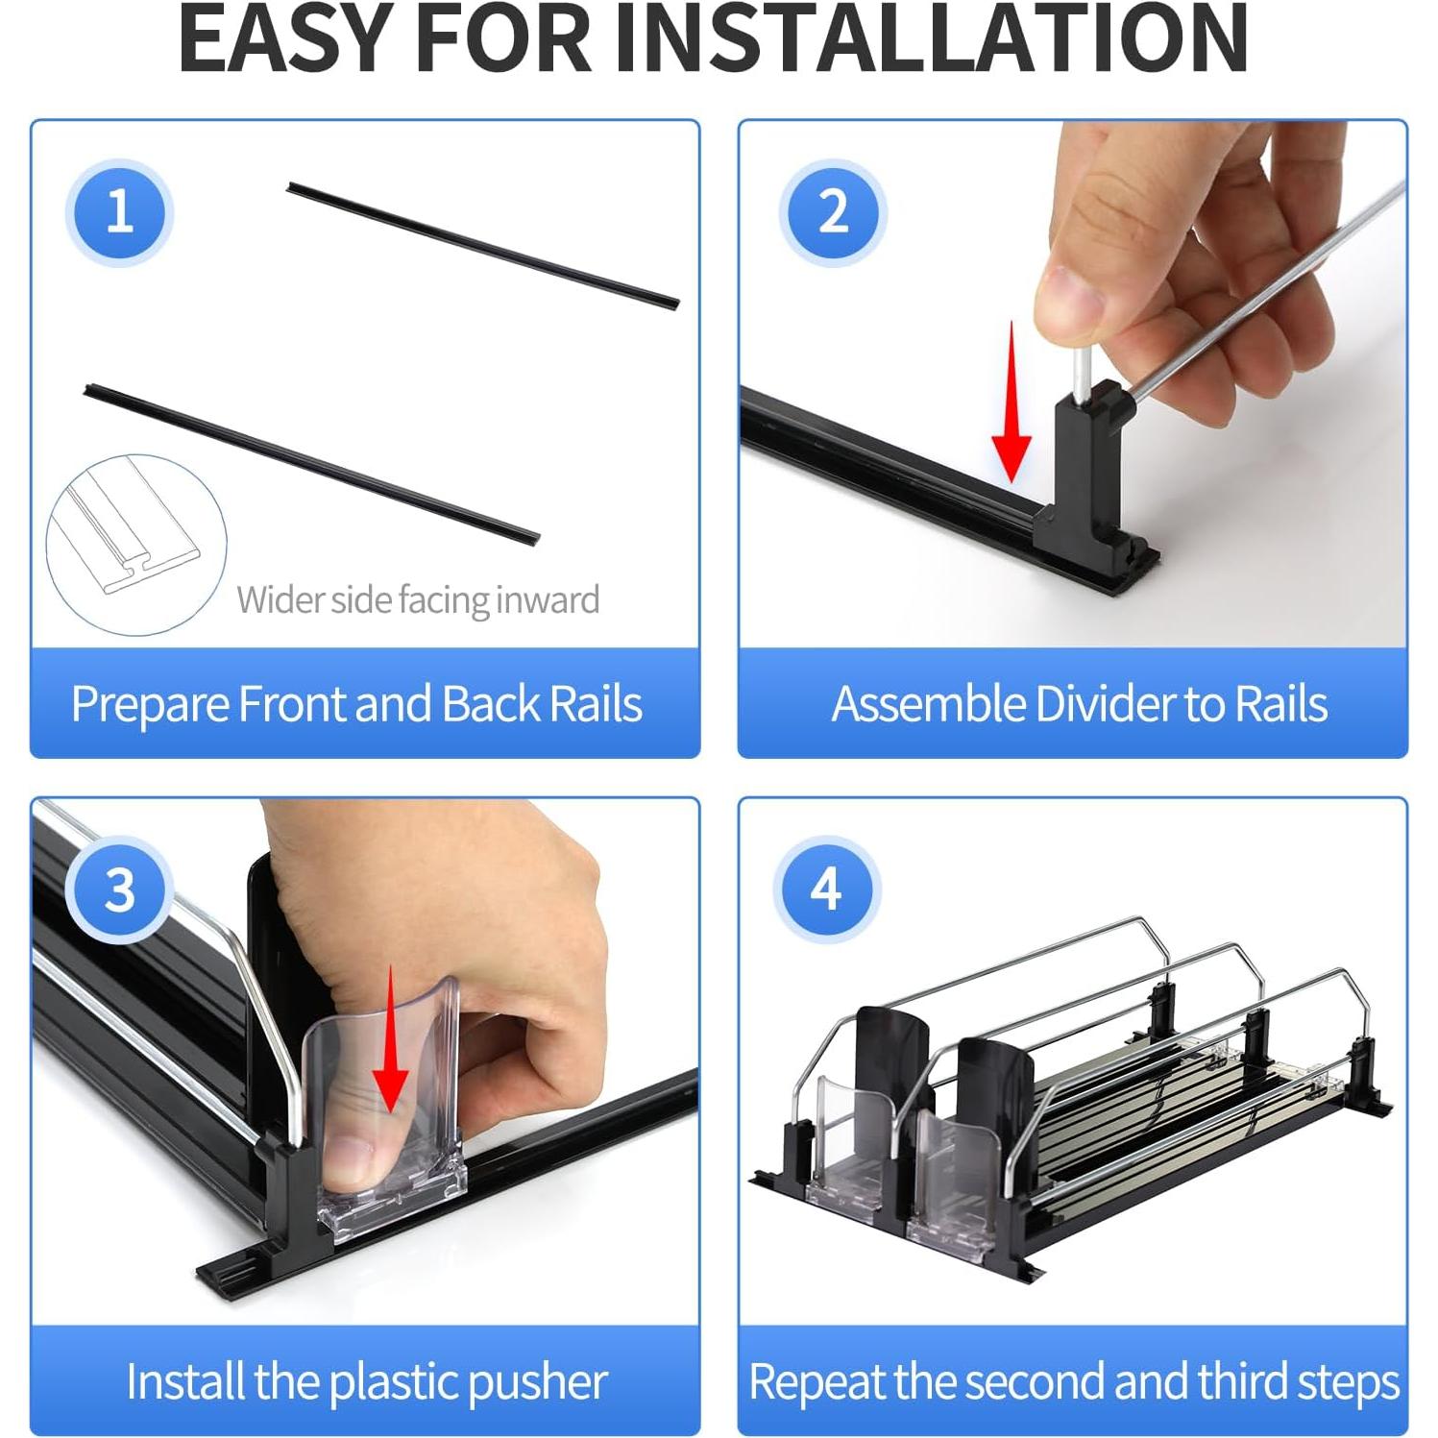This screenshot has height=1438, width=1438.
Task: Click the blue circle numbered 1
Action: coord(119,211)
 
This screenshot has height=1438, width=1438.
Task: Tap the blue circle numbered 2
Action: coord(833,211)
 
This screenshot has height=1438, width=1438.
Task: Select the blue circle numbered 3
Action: coord(119,890)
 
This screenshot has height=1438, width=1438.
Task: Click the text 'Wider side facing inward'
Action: coord(418,599)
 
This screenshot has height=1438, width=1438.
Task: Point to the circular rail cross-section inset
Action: coord(136,545)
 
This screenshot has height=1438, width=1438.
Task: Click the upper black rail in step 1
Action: coord(483,245)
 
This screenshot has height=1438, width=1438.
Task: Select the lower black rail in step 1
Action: coord(312,464)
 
